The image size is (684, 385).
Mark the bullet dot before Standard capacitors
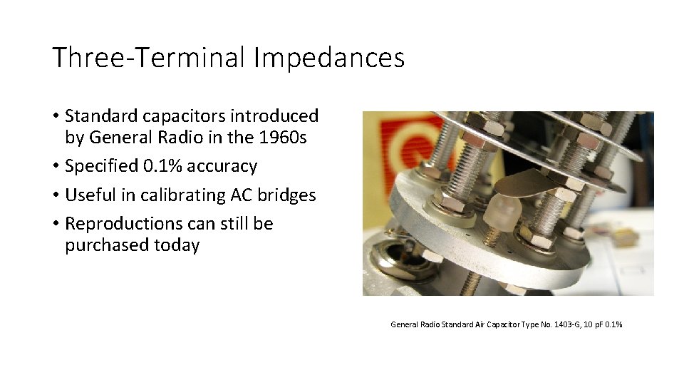point(55,116)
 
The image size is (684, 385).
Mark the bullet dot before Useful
point(55,195)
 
